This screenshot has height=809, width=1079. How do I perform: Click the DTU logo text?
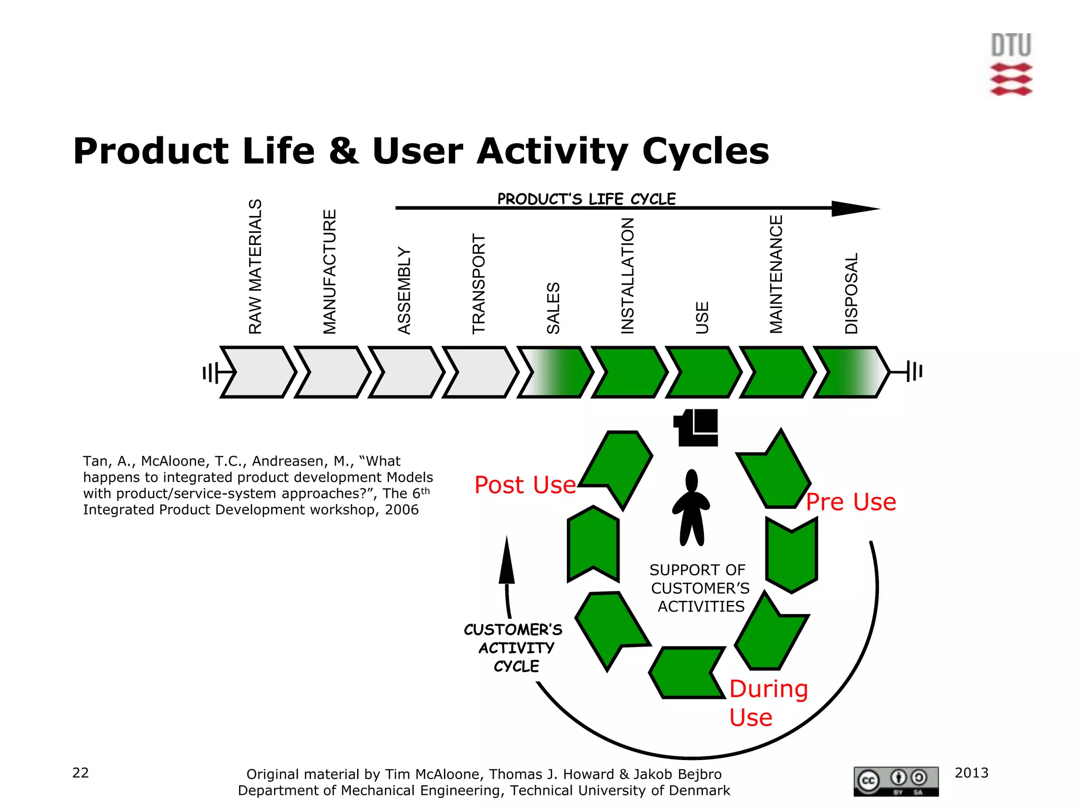point(1011,45)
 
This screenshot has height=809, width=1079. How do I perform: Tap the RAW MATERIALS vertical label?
point(256,267)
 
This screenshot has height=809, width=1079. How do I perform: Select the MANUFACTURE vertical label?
point(330,272)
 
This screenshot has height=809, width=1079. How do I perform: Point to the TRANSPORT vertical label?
point(478,284)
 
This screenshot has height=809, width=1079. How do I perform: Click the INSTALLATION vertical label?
point(627,276)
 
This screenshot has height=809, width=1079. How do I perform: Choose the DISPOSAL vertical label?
point(851,293)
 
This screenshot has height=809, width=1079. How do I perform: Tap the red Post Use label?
point(525,485)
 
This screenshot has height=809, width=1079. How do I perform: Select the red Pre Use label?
point(851,502)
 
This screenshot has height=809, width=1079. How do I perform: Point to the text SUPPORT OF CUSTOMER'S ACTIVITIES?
point(700,588)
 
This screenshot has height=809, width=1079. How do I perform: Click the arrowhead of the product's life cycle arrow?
point(854,209)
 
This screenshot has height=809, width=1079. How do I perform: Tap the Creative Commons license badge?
point(896,781)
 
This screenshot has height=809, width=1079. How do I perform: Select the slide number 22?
point(81,773)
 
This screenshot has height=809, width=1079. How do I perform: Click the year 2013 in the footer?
point(972,773)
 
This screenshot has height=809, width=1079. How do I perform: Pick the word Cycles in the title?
point(705,151)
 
